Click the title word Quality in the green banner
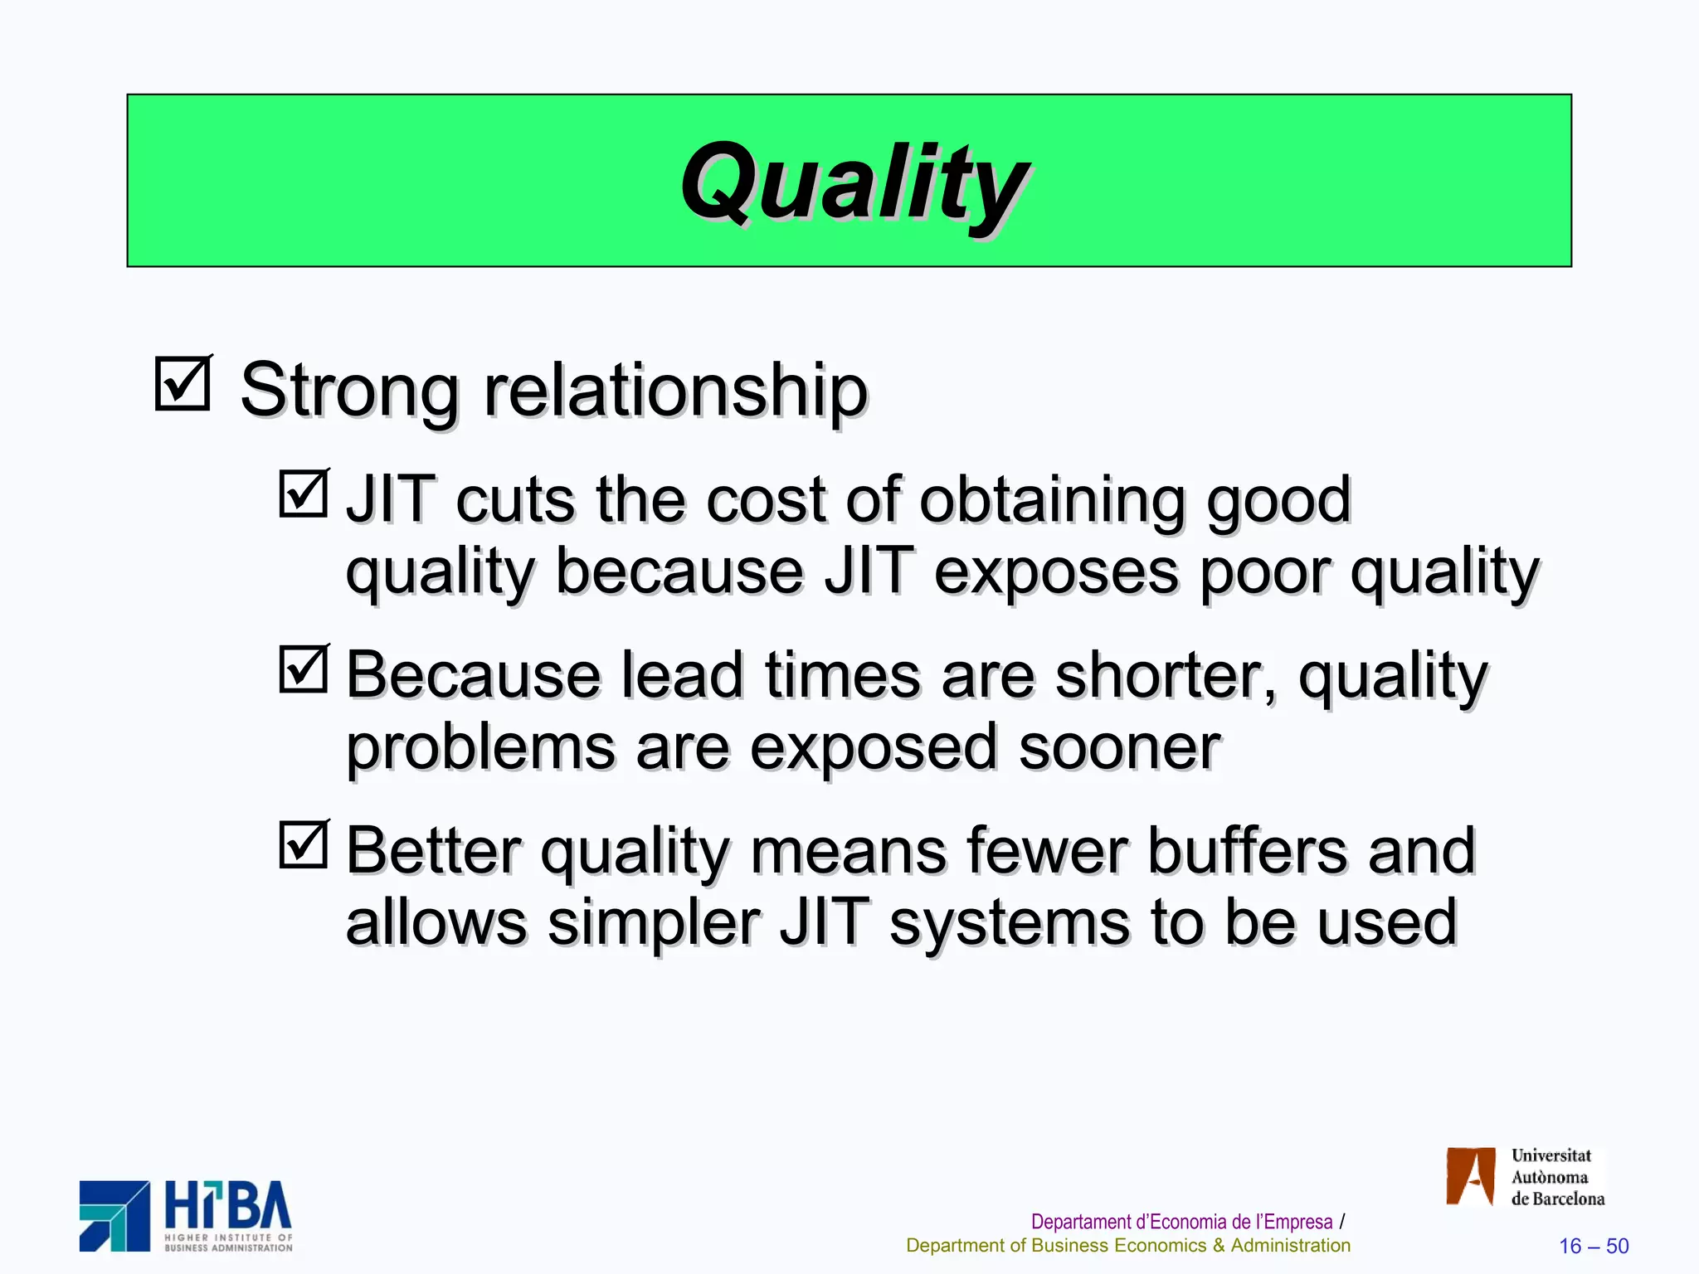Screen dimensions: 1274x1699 (x=854, y=182)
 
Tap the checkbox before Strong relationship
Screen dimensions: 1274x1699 (x=183, y=383)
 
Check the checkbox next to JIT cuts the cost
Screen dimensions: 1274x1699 (x=304, y=494)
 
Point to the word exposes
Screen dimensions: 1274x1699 (x=1055, y=572)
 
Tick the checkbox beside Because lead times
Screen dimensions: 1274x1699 (x=304, y=669)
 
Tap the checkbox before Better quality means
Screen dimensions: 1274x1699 (x=304, y=844)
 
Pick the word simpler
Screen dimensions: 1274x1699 (x=654, y=924)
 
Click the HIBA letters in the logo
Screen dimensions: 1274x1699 (x=227, y=1207)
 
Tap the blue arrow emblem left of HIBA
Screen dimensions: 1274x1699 (x=114, y=1216)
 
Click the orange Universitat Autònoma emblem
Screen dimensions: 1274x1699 (x=1470, y=1176)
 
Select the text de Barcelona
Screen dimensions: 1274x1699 (x=1557, y=1199)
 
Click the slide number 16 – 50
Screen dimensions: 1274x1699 (x=1593, y=1246)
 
